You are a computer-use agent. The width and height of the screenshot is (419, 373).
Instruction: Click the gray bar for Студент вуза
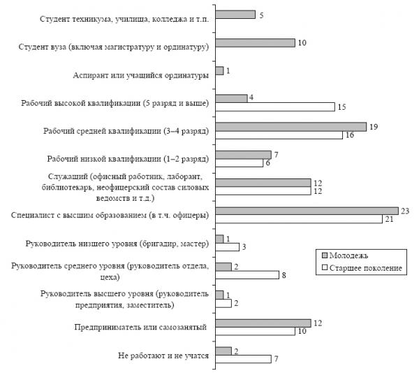tap(255, 43)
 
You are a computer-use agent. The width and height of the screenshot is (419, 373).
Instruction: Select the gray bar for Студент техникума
tap(235, 15)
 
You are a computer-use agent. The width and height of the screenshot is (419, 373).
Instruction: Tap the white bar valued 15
tap(275, 107)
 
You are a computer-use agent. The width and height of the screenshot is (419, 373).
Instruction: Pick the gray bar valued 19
tap(291, 127)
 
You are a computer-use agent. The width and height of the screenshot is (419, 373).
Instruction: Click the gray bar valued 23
tap(307, 211)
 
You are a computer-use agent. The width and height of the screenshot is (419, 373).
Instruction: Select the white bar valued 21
tap(299, 219)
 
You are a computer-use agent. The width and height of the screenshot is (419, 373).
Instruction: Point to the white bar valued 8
tap(247, 275)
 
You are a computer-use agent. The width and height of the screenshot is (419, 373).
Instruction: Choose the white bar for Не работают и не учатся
tap(243, 359)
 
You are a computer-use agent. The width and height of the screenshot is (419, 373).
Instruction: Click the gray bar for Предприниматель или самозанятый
tap(263, 323)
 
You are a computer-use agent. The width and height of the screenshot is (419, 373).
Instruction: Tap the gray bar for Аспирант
tap(219, 71)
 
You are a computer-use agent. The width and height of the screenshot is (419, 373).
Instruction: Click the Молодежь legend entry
tap(345, 255)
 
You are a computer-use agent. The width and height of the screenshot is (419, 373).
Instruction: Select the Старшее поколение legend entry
tap(362, 268)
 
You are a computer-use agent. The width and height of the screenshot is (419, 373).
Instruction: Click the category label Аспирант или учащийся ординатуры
tap(141, 76)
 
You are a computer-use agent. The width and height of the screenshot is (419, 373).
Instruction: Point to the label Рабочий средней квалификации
tap(126, 131)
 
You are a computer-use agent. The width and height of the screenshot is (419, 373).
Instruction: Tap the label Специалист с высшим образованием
tap(110, 215)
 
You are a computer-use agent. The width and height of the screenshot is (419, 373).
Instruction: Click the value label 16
tap(350, 135)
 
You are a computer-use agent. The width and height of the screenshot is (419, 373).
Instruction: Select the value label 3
tap(244, 247)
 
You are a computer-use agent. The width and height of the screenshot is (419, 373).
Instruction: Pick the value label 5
tap(261, 15)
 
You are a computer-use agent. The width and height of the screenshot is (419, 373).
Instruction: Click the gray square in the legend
tap(325, 255)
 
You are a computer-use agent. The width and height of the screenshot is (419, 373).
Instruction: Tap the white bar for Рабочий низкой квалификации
tap(239, 163)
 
